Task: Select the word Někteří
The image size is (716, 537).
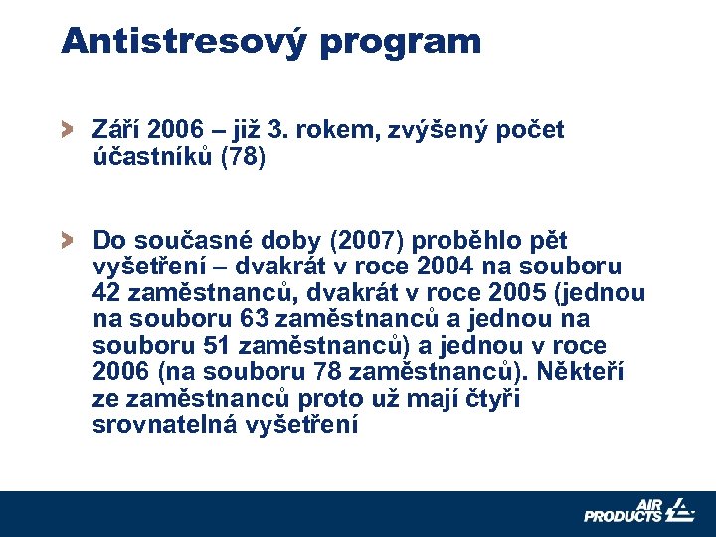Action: pyautogui.click(x=580, y=372)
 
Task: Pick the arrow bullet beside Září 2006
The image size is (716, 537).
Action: pyautogui.click(x=67, y=129)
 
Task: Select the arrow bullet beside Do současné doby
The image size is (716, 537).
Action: pyautogui.click(x=67, y=240)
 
